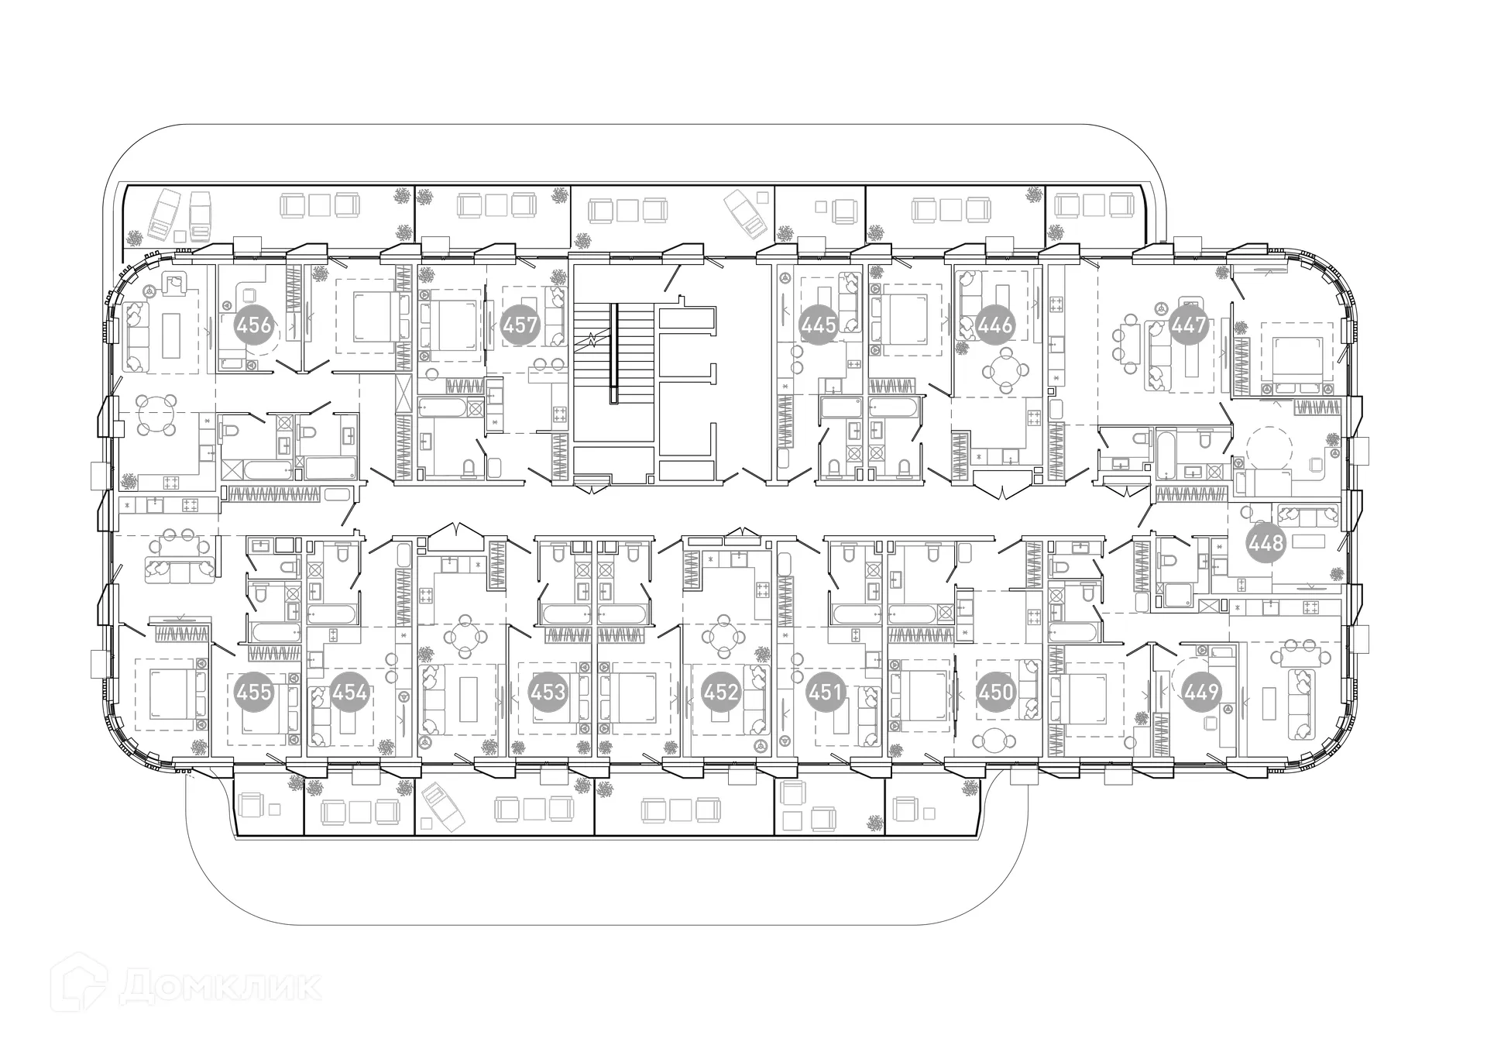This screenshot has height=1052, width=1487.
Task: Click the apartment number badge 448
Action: pyautogui.click(x=1266, y=543)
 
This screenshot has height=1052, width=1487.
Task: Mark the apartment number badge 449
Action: pyautogui.click(x=1201, y=691)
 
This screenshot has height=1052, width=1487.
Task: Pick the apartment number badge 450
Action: pyautogui.click(x=995, y=691)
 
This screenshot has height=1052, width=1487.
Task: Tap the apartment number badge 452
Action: pyautogui.click(x=721, y=691)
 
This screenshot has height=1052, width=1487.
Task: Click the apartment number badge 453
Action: pyautogui.click(x=548, y=691)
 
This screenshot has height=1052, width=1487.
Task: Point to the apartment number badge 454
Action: pyautogui.click(x=349, y=691)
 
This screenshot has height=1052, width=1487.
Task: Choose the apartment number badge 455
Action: pyautogui.click(x=254, y=691)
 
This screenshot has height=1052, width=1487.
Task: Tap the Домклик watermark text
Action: pyautogui.click(x=221, y=986)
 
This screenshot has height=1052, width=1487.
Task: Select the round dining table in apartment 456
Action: pyautogui.click(x=157, y=414)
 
